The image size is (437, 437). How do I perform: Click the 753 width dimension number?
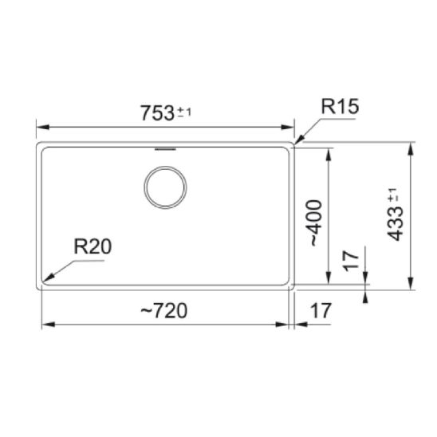tap(157, 113)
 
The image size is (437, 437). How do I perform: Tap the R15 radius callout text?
tap(340, 106)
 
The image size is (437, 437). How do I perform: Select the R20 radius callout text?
tap(93, 246)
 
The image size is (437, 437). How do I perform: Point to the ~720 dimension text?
tap(164, 311)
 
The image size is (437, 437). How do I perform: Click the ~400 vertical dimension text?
tap(317, 223)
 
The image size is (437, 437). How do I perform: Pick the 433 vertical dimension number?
tap(396, 224)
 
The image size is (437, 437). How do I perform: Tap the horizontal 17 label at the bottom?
tap(321, 311)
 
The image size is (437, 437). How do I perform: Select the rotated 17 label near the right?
tap(351, 261)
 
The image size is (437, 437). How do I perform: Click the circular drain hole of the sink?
tap(165, 187)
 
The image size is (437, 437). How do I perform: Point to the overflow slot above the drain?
tap(165, 149)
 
